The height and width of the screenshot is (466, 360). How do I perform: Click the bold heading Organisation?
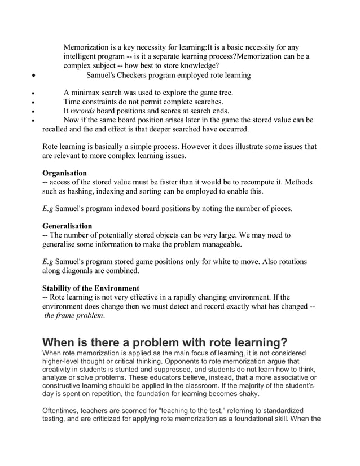point(65,173)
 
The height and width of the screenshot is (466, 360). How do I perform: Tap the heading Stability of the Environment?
point(90,288)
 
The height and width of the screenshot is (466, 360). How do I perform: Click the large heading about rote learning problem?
point(165,342)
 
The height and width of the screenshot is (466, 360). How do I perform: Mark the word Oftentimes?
point(63,410)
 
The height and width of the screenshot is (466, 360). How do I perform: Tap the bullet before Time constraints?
point(35,102)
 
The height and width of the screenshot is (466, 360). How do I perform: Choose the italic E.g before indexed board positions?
point(48,209)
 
